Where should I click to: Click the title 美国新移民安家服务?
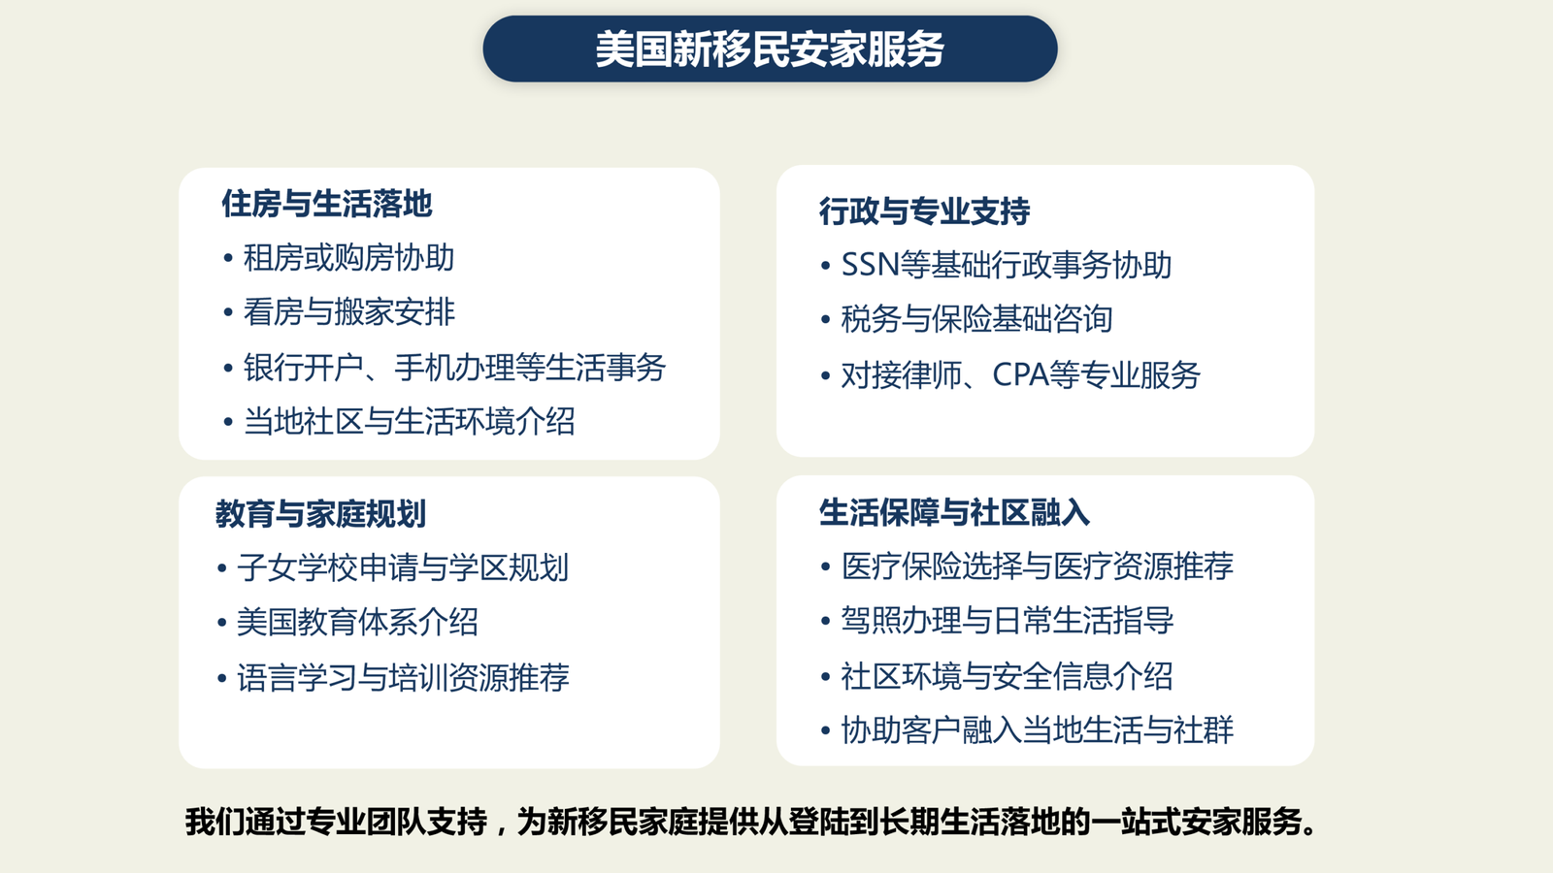coord(770,49)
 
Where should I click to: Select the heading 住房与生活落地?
coord(326,204)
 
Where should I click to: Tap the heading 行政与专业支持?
coord(924,211)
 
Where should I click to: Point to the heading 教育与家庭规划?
coord(320,514)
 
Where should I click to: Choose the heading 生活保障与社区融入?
coord(954,513)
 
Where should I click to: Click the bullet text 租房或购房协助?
coord(348,258)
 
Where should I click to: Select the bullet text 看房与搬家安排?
coord(348,311)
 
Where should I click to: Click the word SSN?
coord(870,265)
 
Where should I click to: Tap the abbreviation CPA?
coord(1020,374)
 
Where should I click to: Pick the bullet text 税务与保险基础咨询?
coord(976,319)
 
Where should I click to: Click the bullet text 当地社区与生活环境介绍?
coord(409,421)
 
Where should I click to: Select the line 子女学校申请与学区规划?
coord(403,567)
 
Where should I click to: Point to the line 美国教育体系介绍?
coord(357,622)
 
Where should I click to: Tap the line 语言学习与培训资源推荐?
coord(403,677)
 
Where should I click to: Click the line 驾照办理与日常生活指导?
coord(1008,620)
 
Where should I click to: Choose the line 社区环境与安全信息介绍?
coord(1007,675)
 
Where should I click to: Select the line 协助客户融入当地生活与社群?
coord(1038,729)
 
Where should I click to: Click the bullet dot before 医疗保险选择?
coord(825,567)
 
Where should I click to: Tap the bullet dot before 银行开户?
coord(228,368)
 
